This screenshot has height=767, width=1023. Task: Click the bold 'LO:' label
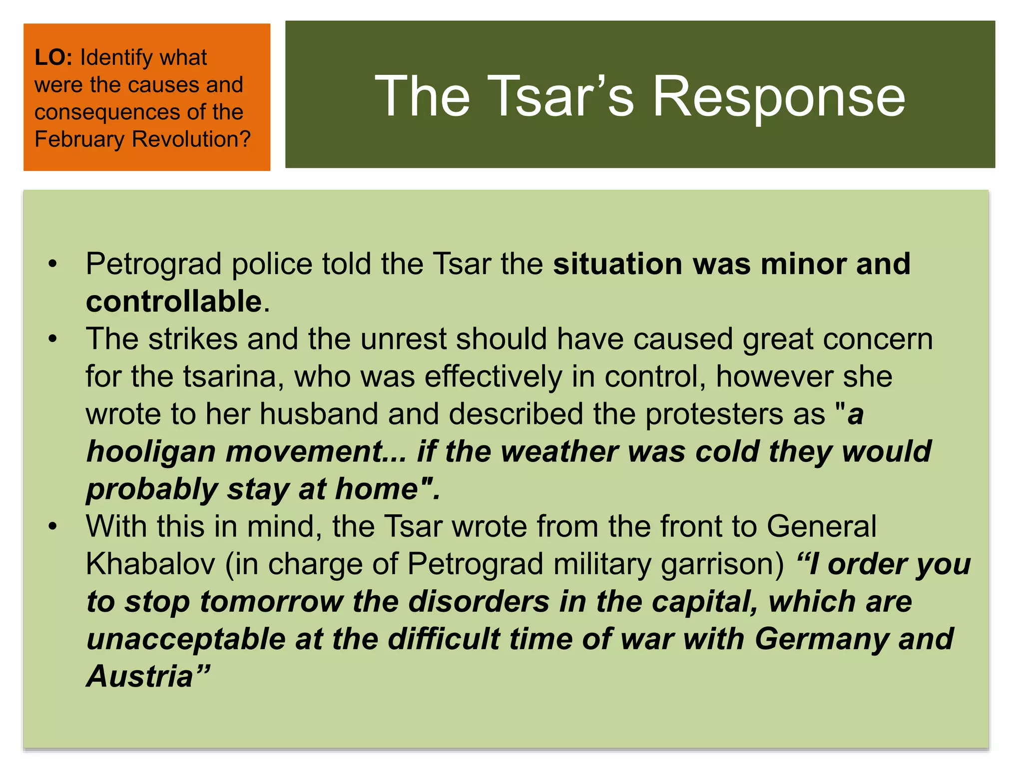pos(53,57)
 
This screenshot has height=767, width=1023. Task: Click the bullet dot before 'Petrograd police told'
pos(53,264)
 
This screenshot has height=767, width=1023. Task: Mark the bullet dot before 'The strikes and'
pos(53,339)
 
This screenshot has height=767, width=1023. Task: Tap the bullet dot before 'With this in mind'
pos(53,526)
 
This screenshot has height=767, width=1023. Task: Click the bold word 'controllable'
pos(174,301)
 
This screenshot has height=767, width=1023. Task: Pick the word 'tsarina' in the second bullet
pos(230,377)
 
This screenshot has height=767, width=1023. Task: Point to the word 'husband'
pos(319,414)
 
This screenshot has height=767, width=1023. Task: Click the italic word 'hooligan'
pos(151,451)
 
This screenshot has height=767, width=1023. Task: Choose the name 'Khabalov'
pos(150,564)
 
